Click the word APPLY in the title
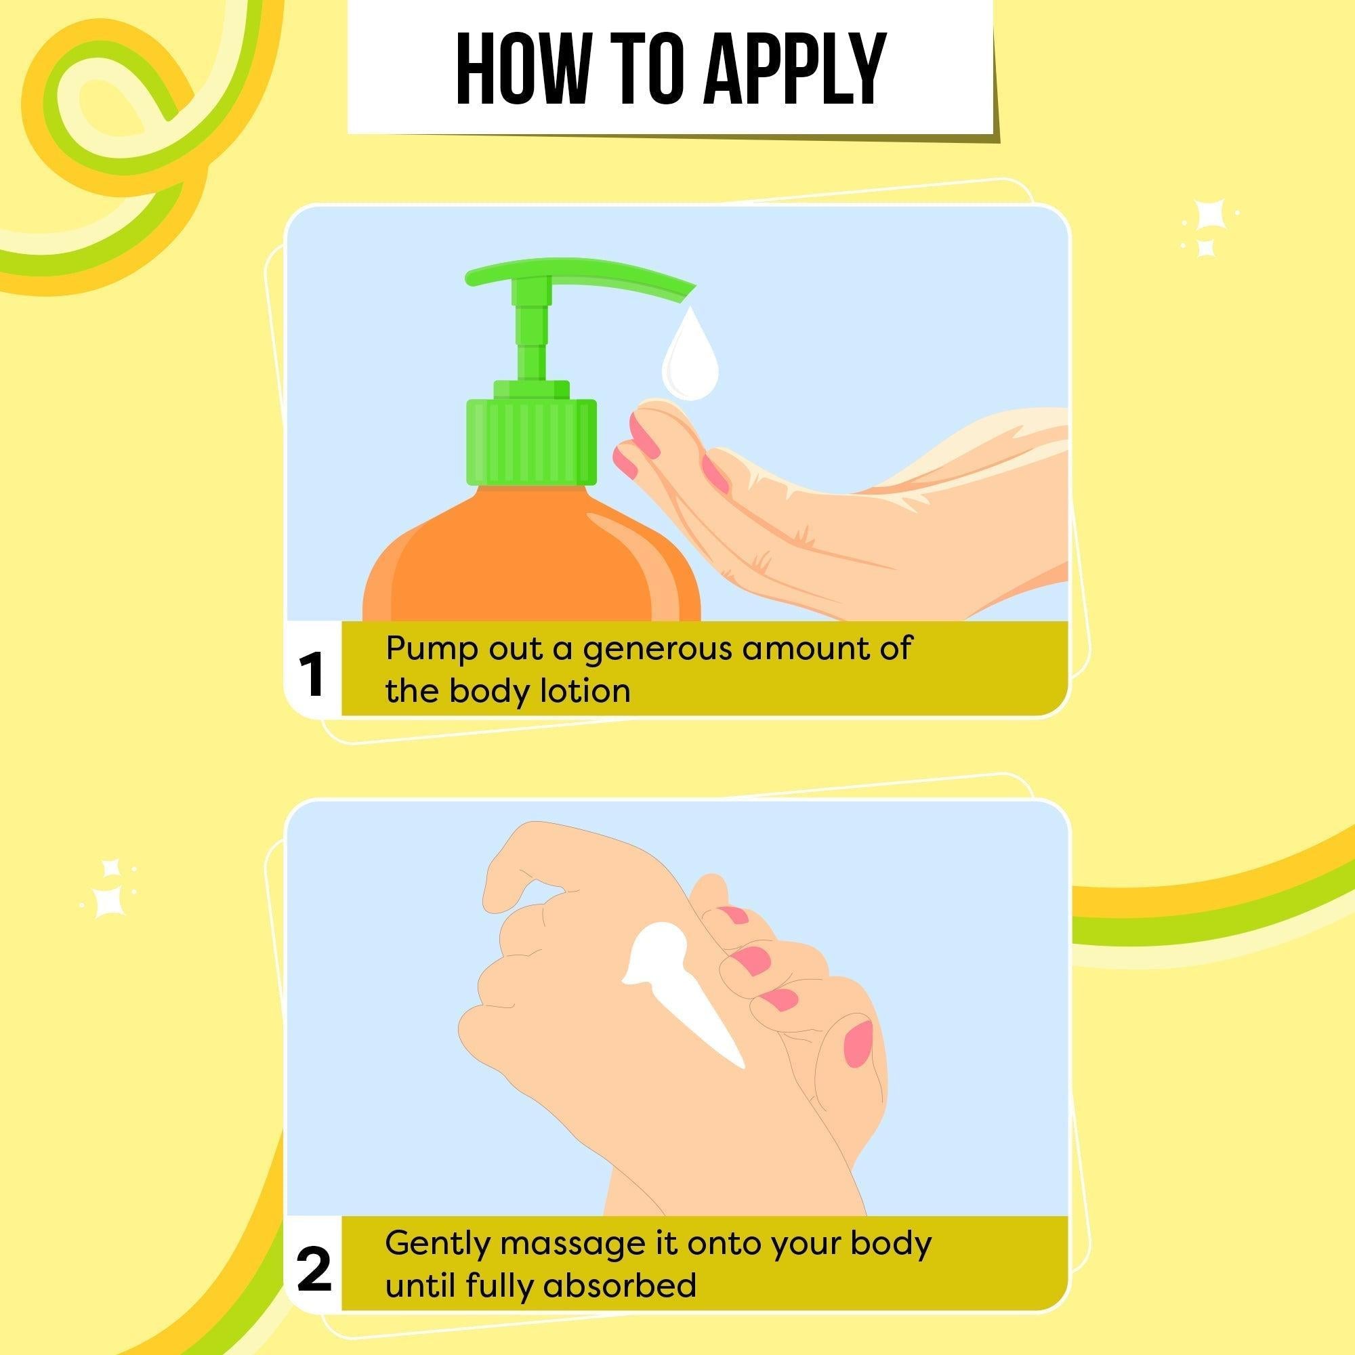(795, 68)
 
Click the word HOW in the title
(520, 68)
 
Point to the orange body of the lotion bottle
(531, 561)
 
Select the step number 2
(314, 1270)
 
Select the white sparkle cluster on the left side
(108, 889)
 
